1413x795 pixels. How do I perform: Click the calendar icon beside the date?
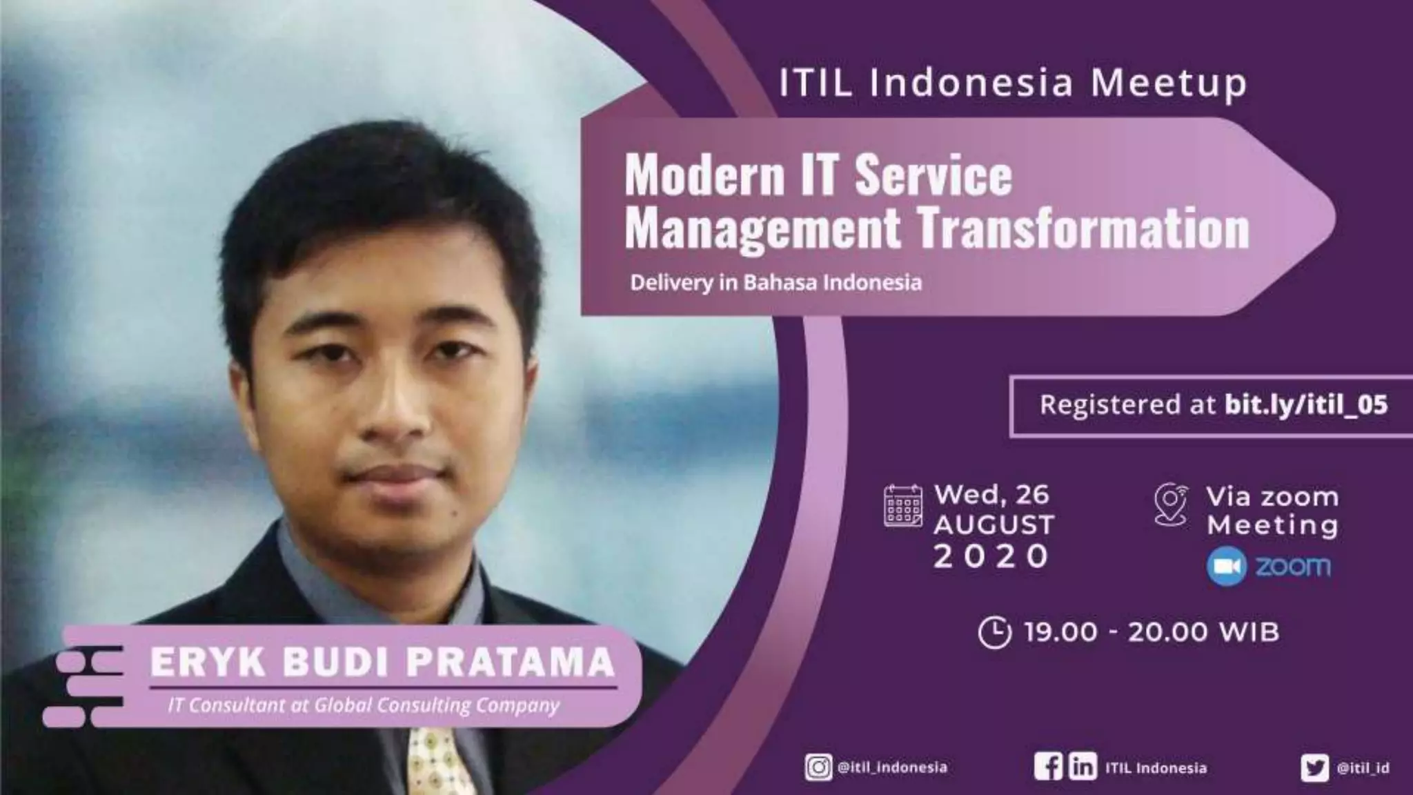tap(902, 507)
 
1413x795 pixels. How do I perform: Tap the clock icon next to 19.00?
tap(994, 632)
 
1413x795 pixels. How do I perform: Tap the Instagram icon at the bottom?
tap(818, 767)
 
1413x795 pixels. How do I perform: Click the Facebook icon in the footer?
tap(1048, 767)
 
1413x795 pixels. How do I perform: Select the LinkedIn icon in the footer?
tap(1083, 767)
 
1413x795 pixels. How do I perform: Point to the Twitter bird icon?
tap(1314, 768)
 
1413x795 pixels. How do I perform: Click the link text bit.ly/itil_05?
tap(1305, 405)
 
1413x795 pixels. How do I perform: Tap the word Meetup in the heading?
tap(1169, 84)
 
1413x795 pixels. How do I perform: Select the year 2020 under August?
tap(991, 556)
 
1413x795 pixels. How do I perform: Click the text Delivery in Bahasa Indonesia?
tap(775, 283)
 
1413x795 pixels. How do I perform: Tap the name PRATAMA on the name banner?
tap(510, 662)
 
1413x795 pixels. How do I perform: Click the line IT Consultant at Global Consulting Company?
tap(364, 705)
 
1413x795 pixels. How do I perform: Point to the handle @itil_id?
tap(1363, 768)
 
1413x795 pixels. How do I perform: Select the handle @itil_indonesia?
tap(891, 767)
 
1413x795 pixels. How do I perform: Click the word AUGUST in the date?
tap(994, 525)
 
